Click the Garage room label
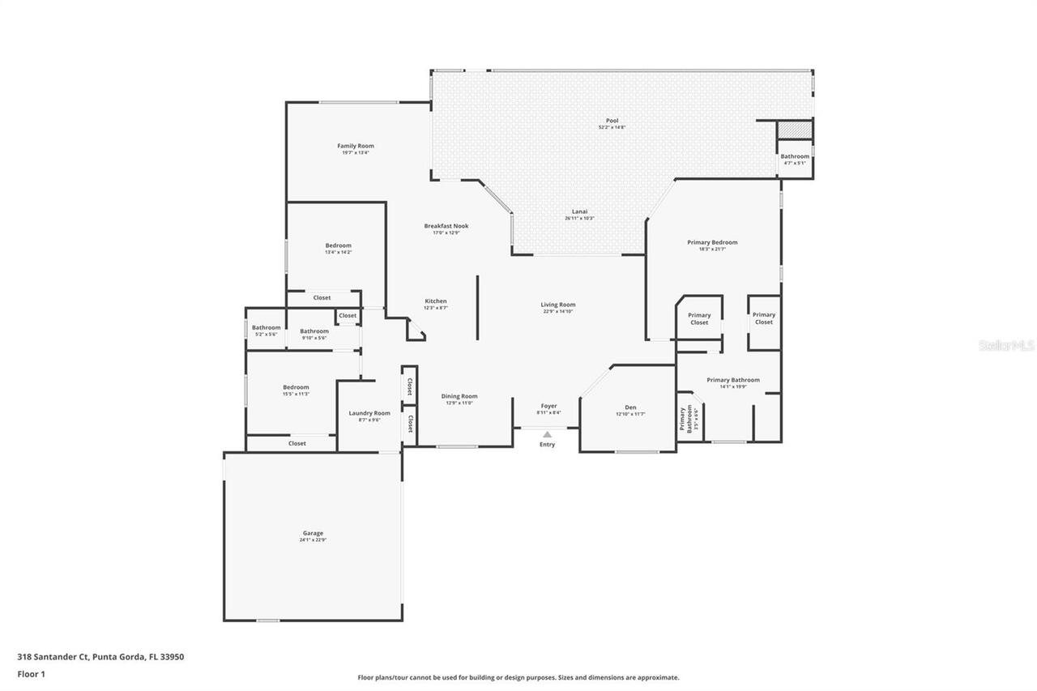[313, 533]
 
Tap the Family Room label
[356, 146]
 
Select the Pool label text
[612, 121]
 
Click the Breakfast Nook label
[446, 226]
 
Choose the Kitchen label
[436, 301]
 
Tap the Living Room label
[558, 305]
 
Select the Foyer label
[548, 406]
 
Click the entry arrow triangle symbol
[548, 434]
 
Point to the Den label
[630, 407]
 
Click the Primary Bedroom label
[712, 242]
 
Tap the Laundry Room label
[369, 413]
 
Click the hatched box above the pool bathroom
[795, 130]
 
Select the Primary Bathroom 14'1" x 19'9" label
[733, 380]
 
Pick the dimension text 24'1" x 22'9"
[313, 540]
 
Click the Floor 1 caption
[31, 673]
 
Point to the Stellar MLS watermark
[1006, 345]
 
